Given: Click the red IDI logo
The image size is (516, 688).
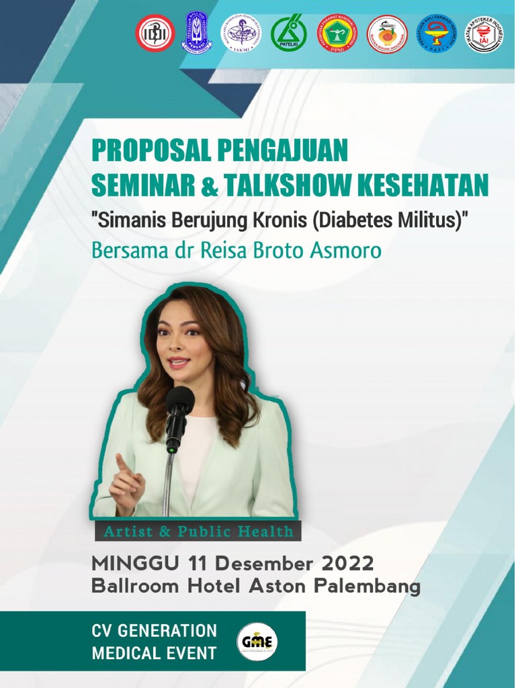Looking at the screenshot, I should click(155, 33).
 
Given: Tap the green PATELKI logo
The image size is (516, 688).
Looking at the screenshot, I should click(289, 33).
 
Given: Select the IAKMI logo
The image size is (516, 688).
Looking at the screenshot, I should click(243, 33).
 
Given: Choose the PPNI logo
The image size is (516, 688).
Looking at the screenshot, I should click(337, 33).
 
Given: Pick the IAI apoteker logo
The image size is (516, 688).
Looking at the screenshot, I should click(484, 33).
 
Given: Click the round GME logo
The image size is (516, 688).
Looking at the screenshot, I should click(257, 641).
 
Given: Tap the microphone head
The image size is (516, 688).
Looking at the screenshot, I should click(179, 400).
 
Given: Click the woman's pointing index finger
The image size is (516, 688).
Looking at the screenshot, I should click(121, 462).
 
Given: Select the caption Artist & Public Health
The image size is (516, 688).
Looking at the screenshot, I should click(198, 532).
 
